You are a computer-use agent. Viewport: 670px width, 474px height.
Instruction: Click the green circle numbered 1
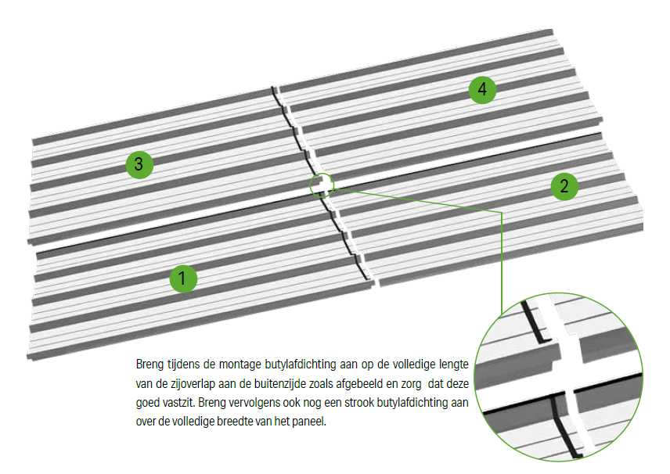tap(182, 278)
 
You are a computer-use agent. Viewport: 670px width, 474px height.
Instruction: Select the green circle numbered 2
tap(564, 186)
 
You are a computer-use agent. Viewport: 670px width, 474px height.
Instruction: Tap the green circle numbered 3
tap(139, 164)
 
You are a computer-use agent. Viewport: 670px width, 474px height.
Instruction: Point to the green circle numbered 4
tap(482, 90)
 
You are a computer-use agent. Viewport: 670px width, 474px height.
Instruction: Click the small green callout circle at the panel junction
tap(321, 185)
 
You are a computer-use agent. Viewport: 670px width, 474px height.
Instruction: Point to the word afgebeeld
tap(362, 384)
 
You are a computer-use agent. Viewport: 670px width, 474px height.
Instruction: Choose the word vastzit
tap(178, 403)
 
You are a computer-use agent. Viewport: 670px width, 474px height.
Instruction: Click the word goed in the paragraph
tap(147, 403)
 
